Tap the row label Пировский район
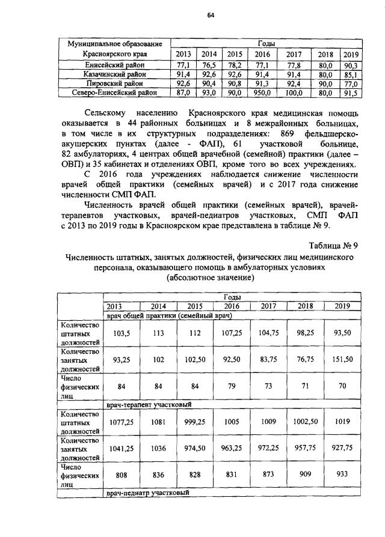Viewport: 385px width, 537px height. point(114,83)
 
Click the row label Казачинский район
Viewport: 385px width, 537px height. point(114,74)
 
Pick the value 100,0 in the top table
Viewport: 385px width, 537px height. point(295,93)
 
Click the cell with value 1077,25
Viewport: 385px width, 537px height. point(122,422)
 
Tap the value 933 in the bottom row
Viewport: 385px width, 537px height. point(342,473)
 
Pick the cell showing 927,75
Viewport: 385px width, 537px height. point(342,448)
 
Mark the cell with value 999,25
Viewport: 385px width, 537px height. point(194,422)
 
